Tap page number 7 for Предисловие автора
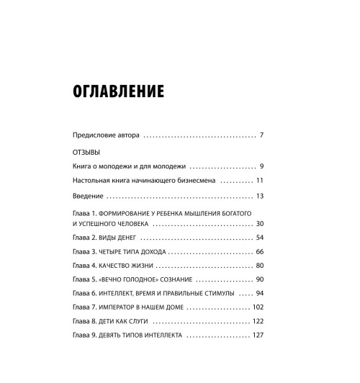click(263, 135)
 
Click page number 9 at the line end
click(263, 166)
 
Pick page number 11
click(261, 181)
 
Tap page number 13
click(261, 196)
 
